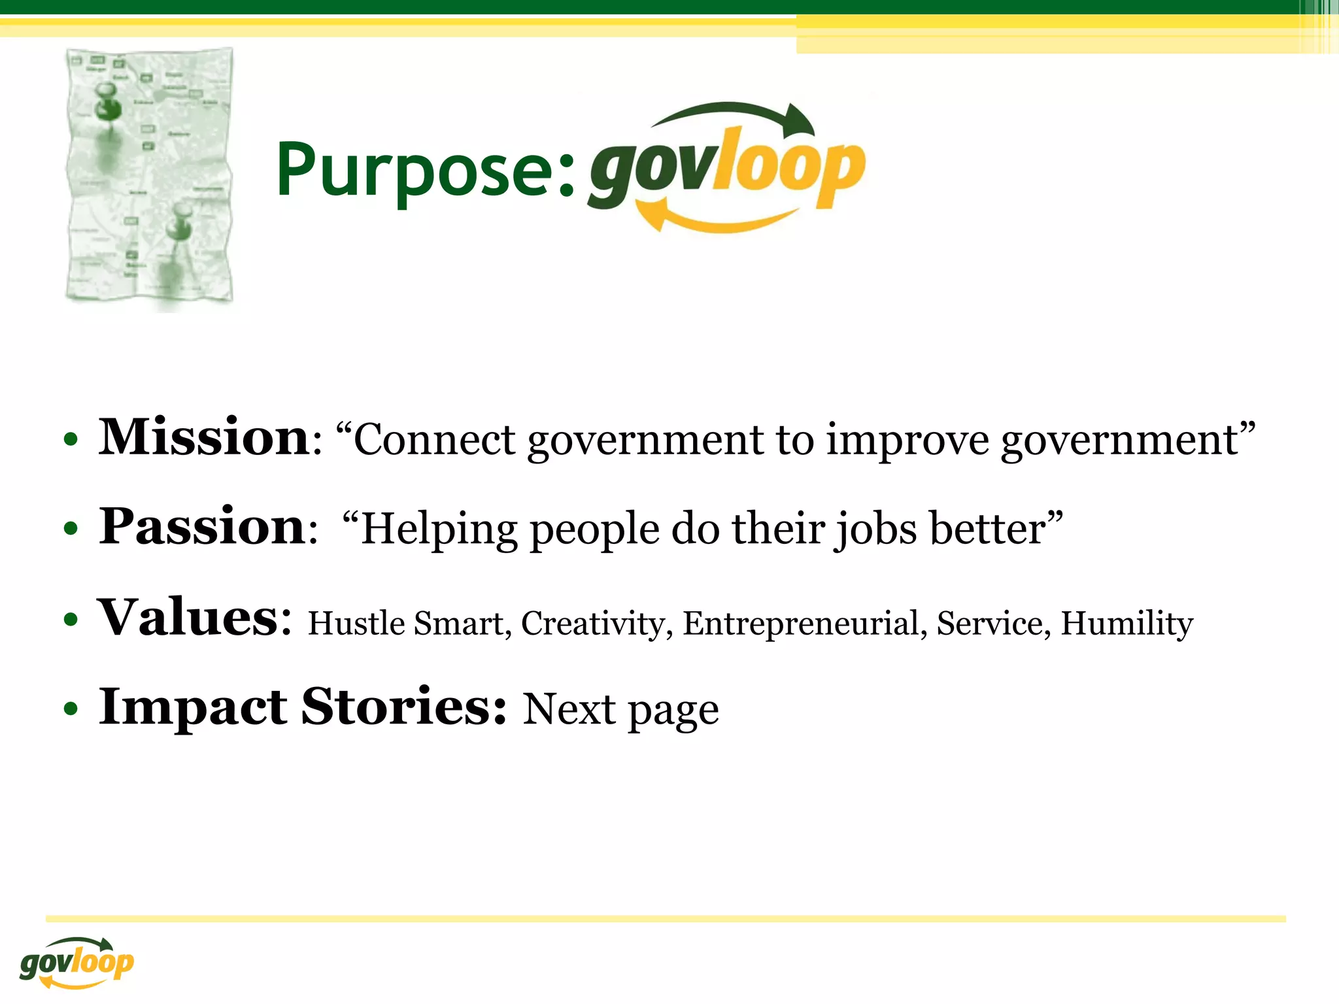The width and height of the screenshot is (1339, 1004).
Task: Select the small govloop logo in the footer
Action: pyautogui.click(x=76, y=963)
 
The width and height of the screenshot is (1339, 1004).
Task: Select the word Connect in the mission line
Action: pyautogui.click(x=434, y=439)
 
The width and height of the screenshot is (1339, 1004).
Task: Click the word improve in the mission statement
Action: pyautogui.click(x=907, y=441)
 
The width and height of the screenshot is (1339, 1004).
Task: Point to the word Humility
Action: pyautogui.click(x=1127, y=624)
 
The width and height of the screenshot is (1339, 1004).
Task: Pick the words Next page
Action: pyautogui.click(x=620, y=710)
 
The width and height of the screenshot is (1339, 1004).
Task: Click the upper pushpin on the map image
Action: pyautogui.click(x=107, y=103)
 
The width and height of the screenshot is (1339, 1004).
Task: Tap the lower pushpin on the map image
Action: pyautogui.click(x=178, y=225)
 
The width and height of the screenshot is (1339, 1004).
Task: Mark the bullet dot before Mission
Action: pyautogui.click(x=71, y=439)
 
